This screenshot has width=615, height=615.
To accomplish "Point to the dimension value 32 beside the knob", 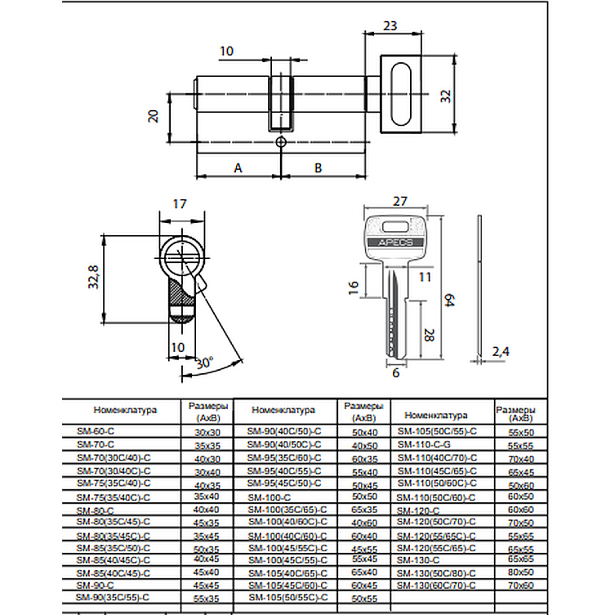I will point(446,96).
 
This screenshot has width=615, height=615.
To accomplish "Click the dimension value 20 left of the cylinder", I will point(152,115).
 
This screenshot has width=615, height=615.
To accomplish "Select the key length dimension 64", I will point(447,301).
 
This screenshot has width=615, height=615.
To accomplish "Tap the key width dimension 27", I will point(399,201).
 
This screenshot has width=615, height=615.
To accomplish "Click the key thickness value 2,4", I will point(501,351).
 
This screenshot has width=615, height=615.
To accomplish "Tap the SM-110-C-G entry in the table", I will point(423,443).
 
